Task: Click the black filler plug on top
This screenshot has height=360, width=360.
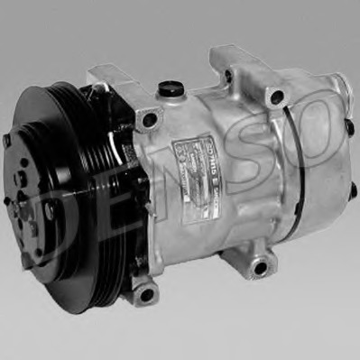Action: pos(168,89)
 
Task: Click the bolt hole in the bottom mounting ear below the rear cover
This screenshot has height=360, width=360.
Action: pos(262,267)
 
